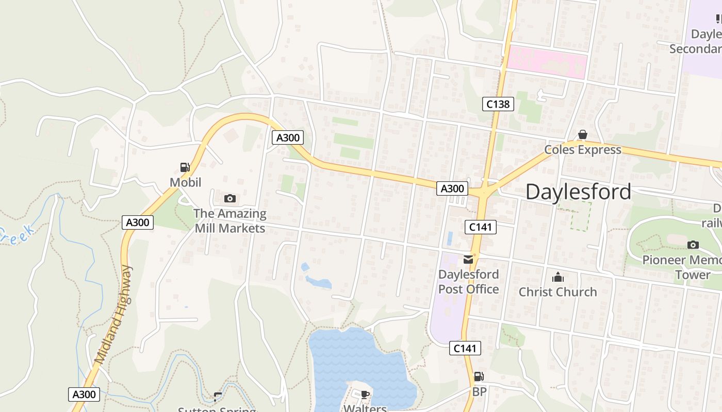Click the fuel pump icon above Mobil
(185, 167)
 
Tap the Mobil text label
(185, 182)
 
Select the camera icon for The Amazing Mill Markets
(230, 198)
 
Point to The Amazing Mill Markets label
(230, 220)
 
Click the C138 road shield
(498, 104)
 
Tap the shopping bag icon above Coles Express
(582, 135)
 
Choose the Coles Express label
(583, 150)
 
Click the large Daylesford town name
(578, 192)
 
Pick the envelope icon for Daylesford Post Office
(468, 259)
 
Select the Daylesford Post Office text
(468, 282)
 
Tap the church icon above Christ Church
(557, 278)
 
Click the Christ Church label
(557, 292)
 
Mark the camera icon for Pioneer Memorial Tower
(693, 245)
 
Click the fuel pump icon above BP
(479, 377)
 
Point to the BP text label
(479, 392)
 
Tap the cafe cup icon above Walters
(365, 395)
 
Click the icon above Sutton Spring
(218, 397)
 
